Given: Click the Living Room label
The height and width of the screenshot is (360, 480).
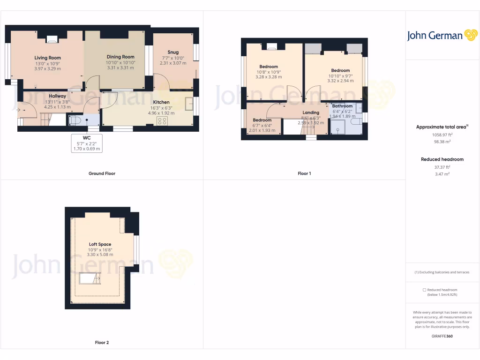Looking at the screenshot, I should [x=47, y=58].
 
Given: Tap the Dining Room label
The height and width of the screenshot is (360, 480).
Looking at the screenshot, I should [x=120, y=57].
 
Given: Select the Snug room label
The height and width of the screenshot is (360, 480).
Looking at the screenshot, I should [x=173, y=52].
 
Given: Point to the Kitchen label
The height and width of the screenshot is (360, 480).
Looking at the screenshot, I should [x=161, y=102].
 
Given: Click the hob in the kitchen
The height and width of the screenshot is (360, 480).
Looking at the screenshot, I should [x=162, y=120].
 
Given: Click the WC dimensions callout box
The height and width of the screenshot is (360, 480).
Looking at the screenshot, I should [x=86, y=143].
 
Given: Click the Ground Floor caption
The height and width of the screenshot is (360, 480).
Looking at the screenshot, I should [x=102, y=173].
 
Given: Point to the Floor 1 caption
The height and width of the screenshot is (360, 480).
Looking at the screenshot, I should [x=304, y=173].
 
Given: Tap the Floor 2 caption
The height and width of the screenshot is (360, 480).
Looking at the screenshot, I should [x=102, y=343].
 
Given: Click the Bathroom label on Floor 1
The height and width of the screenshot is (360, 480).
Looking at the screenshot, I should [x=342, y=106].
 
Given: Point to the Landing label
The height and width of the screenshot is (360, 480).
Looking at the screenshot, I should [x=311, y=112].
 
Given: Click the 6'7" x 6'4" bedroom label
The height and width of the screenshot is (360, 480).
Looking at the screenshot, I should [x=262, y=120].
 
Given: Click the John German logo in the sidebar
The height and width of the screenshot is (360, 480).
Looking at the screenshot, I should [x=442, y=35].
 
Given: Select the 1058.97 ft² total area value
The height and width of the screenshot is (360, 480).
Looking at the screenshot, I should [x=442, y=135].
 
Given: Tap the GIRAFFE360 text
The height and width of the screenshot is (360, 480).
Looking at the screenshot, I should [x=442, y=336].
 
